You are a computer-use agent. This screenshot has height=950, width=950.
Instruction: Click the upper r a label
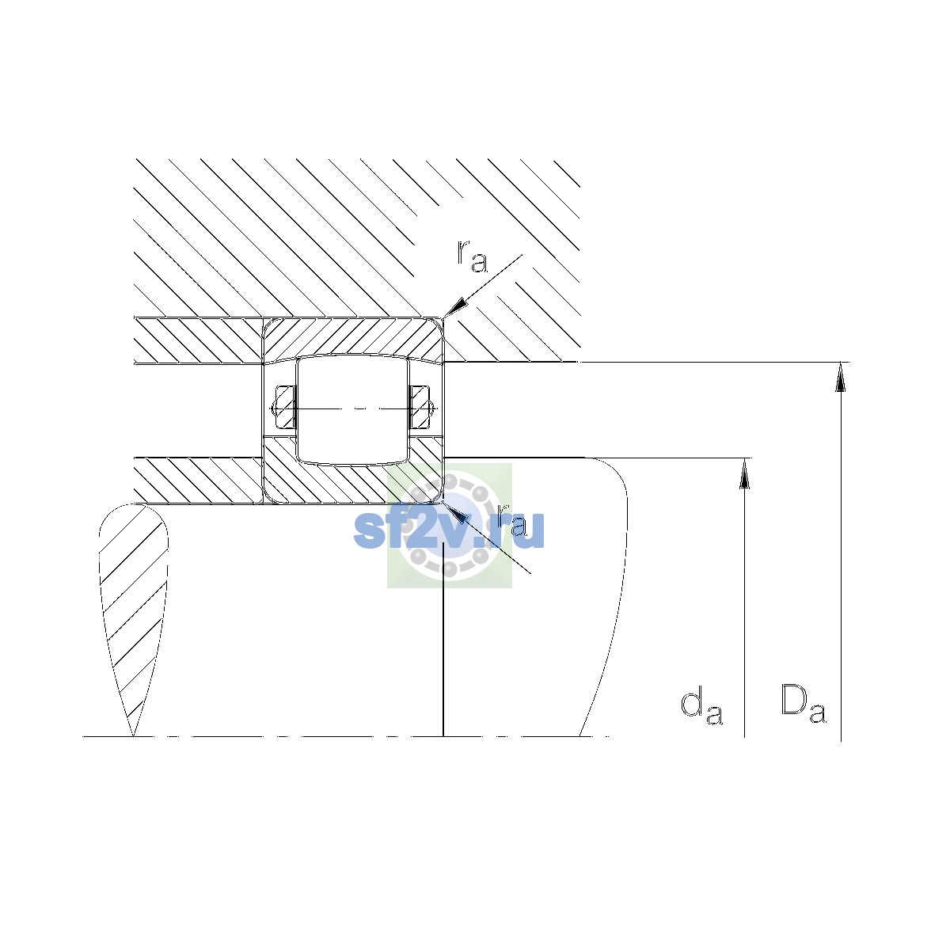tap(472, 256)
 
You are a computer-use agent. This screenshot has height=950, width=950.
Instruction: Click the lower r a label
tap(511, 521)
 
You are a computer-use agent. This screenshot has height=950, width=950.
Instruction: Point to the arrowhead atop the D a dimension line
tap(841, 377)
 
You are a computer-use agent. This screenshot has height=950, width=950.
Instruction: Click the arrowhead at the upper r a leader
tap(454, 308)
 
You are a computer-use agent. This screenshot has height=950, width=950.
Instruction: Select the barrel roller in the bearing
tap(352, 409)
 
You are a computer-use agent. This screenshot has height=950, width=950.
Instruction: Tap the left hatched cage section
tap(285, 408)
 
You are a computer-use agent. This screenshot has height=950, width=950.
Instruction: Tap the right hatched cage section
tap(420, 408)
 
